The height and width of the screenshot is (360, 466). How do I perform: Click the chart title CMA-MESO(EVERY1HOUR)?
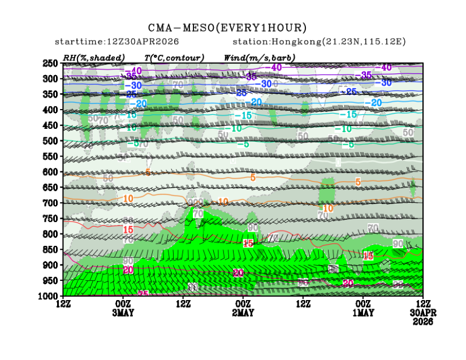click(227, 28)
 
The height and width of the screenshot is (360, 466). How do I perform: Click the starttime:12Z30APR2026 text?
click(116, 42)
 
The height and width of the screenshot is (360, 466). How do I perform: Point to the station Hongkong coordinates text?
click(319, 42)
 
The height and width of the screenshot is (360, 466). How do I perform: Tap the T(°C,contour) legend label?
click(174, 58)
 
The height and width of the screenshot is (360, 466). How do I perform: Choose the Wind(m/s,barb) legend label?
click(260, 58)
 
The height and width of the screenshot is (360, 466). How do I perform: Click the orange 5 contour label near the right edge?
click(357, 181)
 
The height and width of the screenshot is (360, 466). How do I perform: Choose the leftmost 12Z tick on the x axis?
click(63, 304)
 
